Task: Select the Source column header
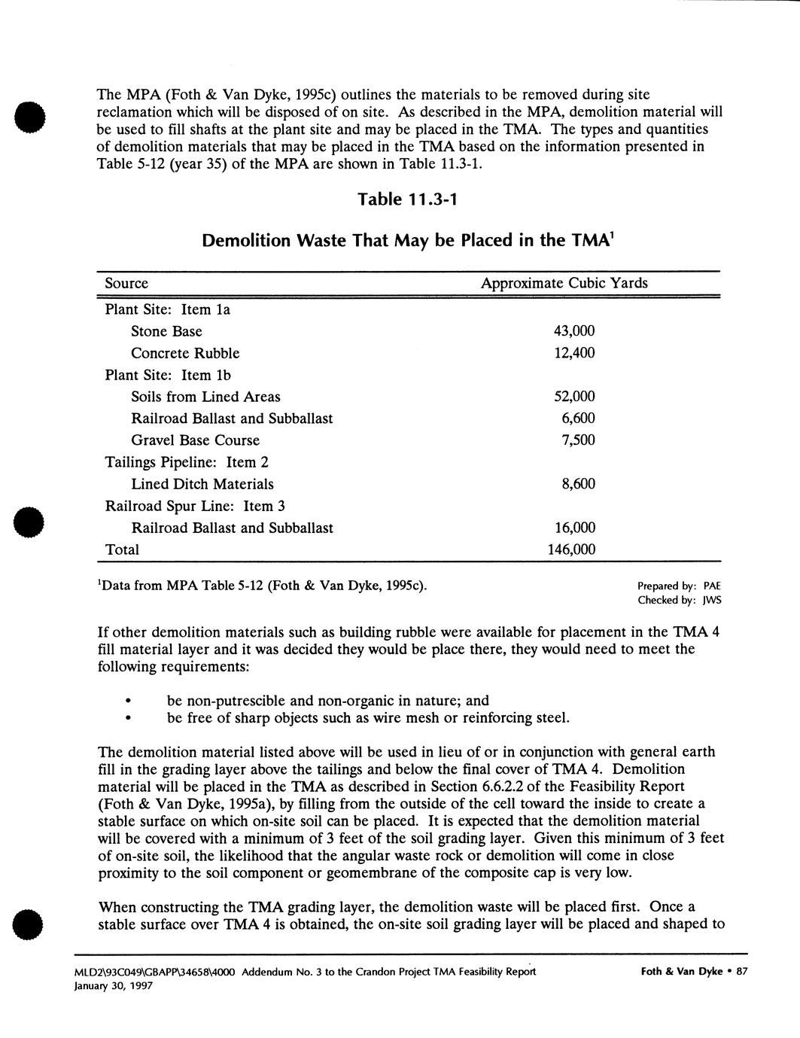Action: coord(126,284)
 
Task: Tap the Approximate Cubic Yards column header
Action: coord(564,284)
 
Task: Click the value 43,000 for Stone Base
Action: coord(574,331)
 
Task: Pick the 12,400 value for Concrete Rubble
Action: coord(574,353)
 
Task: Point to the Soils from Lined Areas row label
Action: coord(205,397)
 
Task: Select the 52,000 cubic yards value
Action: coord(574,397)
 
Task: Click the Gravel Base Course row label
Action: coord(195,440)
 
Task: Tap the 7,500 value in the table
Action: coord(578,440)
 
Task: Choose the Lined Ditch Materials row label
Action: coord(202,484)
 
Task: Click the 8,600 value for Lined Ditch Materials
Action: coord(578,484)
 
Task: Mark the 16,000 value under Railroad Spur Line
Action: coord(574,528)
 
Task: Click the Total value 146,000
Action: coord(570,549)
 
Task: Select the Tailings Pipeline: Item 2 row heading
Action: coord(187,462)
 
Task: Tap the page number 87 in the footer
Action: coord(741,972)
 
